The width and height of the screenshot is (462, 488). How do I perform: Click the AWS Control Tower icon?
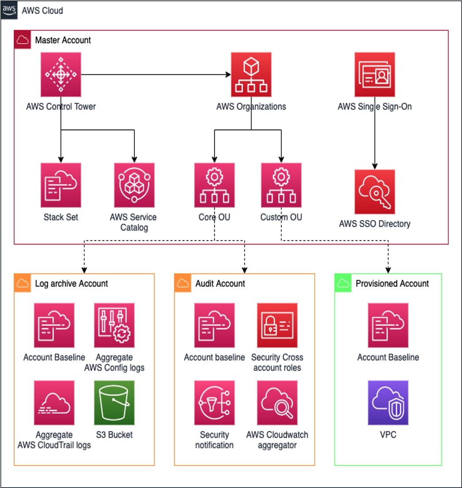(61, 75)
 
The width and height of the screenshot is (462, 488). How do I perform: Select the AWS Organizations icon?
(251, 75)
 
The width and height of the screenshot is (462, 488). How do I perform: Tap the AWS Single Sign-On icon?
(375, 75)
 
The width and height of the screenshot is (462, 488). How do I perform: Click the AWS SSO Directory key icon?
(375, 192)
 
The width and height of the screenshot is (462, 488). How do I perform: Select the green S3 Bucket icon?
(114, 403)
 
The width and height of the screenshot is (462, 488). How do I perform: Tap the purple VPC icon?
(388, 403)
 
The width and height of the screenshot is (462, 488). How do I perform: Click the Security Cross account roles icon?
(277, 325)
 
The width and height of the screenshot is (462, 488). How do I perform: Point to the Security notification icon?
(214, 403)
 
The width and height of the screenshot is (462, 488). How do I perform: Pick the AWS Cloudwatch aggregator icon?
(277, 403)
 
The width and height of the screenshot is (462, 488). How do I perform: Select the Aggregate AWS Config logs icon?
(114, 325)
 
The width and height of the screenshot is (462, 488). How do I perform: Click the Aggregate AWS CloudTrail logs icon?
(54, 403)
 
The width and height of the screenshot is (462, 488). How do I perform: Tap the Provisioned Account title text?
(392, 284)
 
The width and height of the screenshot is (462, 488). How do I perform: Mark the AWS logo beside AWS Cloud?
(9, 10)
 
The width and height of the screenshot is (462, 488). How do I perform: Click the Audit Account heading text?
(220, 284)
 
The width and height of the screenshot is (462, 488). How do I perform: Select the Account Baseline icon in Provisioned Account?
(388, 325)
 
